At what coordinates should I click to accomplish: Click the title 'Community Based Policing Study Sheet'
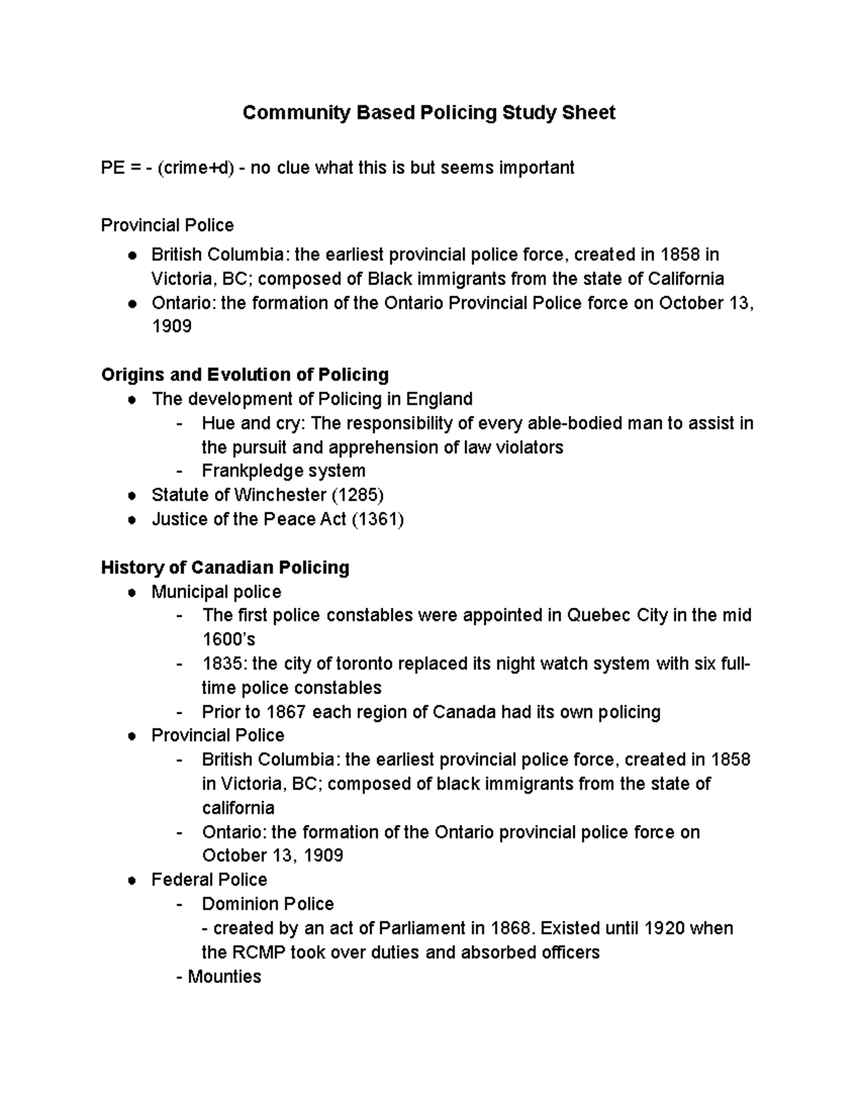[429, 113]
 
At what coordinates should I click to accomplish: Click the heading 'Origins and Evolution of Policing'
[245, 375]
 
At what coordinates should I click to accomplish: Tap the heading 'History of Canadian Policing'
[225, 568]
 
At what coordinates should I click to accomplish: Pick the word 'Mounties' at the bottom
[224, 977]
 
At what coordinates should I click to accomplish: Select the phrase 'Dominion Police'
[268, 904]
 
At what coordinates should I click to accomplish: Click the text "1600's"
[228, 639]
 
